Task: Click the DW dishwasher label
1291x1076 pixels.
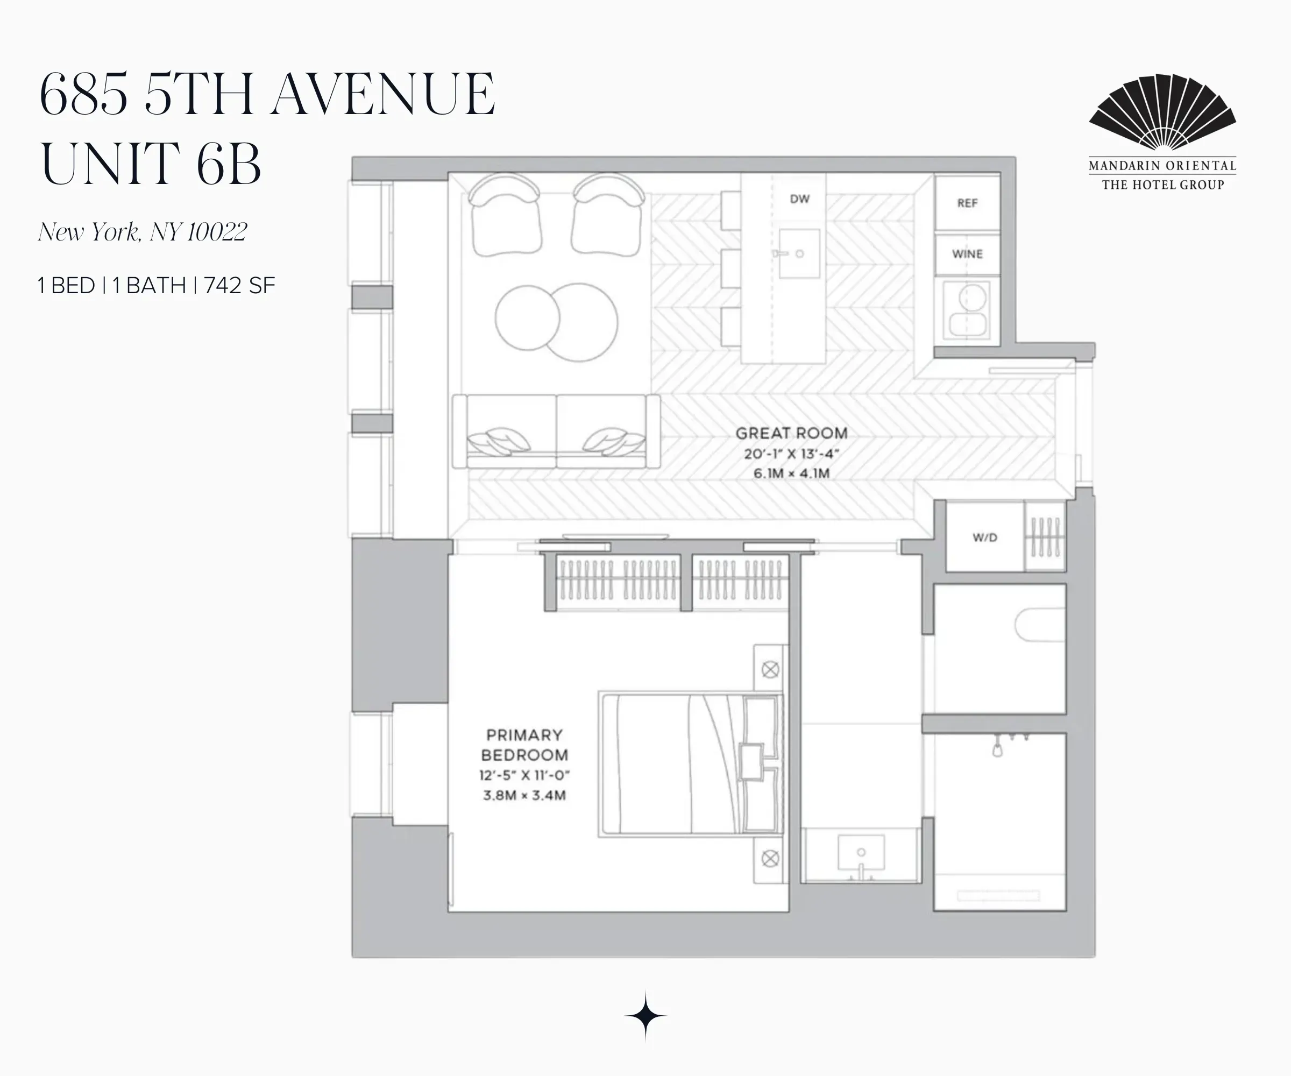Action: pos(799,199)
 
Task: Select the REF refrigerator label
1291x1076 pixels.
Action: pos(967,203)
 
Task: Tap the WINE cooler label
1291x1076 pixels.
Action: pos(967,254)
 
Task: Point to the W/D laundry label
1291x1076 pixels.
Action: pos(984,537)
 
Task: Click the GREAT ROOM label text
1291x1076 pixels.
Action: pos(791,433)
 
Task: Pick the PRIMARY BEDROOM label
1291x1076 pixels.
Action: pos(524,745)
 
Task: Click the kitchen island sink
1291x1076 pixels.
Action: pos(799,253)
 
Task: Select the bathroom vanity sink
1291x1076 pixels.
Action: pos(861,852)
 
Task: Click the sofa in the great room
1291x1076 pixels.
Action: pos(556,431)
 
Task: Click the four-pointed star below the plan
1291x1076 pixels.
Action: pos(645,1016)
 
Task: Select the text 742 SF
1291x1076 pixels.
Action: pos(240,286)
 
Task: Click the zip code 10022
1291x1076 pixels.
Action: pos(216,232)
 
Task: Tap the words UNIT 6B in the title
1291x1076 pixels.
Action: pos(151,163)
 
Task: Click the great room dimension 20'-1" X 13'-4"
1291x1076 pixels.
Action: pos(791,454)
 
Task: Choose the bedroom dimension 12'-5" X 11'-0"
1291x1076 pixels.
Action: pos(524,775)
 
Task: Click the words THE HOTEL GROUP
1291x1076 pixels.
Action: pos(1162,185)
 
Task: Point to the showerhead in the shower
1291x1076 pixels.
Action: pos(997,749)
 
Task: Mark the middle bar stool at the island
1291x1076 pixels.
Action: pos(730,268)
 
